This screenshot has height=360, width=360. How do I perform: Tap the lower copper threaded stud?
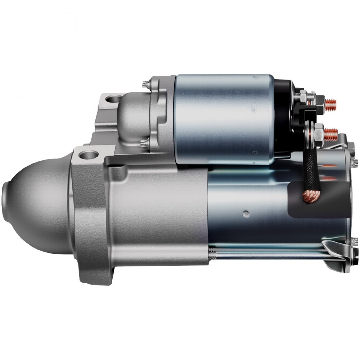tap(330, 134)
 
